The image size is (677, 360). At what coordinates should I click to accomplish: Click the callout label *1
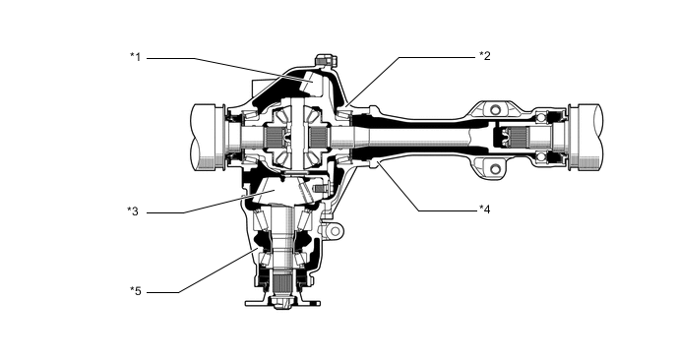point(136,56)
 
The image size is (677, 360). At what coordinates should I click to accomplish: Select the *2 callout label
point(484,56)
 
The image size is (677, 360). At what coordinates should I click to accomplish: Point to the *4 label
point(484,209)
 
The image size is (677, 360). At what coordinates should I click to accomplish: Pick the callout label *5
point(136,290)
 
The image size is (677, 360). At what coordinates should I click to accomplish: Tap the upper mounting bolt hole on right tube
point(494,107)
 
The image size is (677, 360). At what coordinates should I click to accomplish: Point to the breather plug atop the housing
point(323,61)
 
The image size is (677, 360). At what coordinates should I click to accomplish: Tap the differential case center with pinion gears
point(295,135)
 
